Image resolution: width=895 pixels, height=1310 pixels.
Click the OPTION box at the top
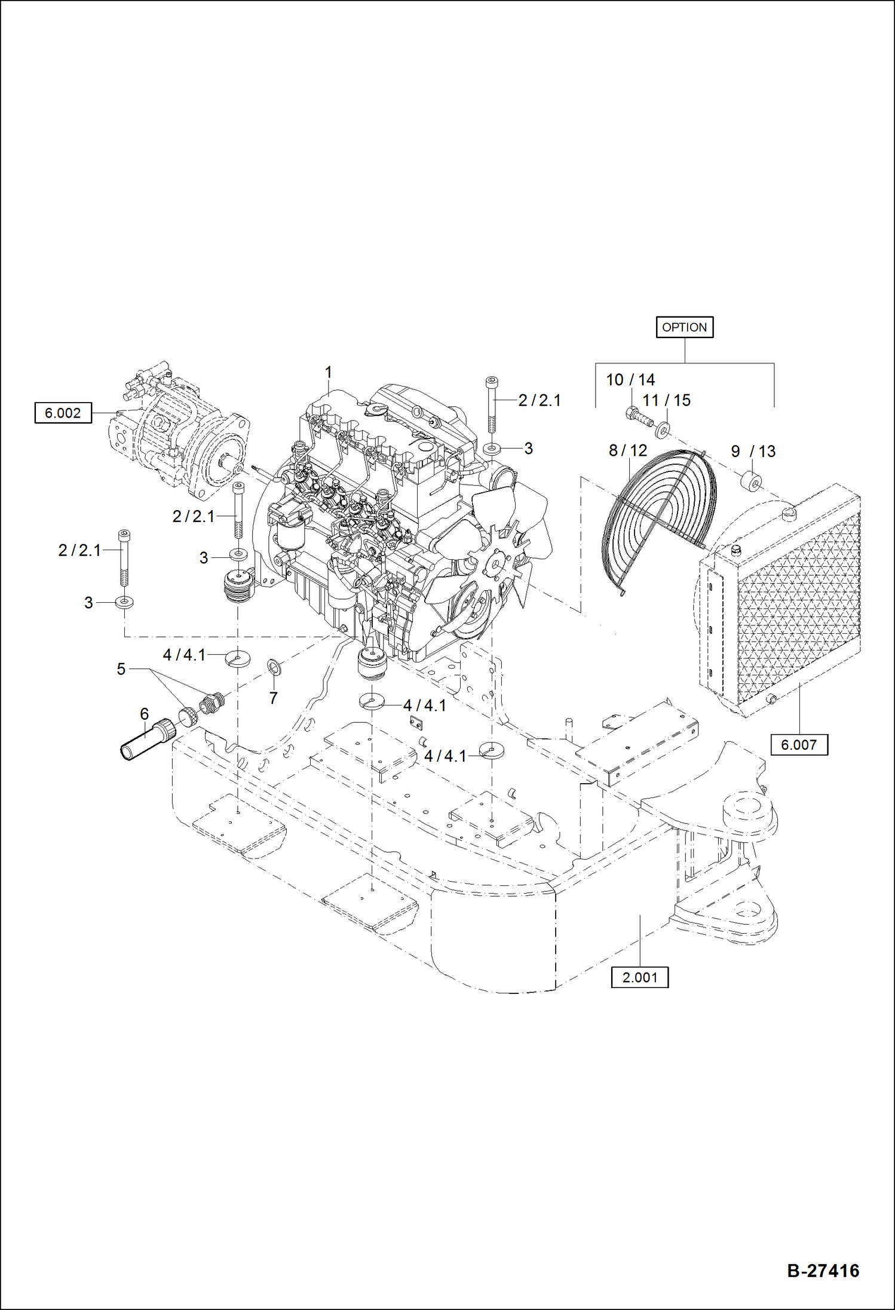684,327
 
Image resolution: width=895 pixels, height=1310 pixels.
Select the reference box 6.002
63,413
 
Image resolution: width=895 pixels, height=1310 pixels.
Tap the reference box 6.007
799,745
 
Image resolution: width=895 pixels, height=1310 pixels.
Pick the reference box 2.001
639,978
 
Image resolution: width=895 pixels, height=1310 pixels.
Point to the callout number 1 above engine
328,372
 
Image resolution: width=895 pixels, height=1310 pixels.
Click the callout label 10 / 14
630,380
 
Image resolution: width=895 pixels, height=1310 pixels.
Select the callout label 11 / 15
666,400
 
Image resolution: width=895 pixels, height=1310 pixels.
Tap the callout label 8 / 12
627,450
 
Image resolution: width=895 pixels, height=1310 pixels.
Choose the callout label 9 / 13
753,452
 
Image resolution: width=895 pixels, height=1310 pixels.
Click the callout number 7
273,698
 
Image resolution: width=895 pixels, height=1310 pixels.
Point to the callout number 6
144,714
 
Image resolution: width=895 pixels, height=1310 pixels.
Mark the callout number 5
121,669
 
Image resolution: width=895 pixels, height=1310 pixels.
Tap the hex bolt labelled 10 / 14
637,414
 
